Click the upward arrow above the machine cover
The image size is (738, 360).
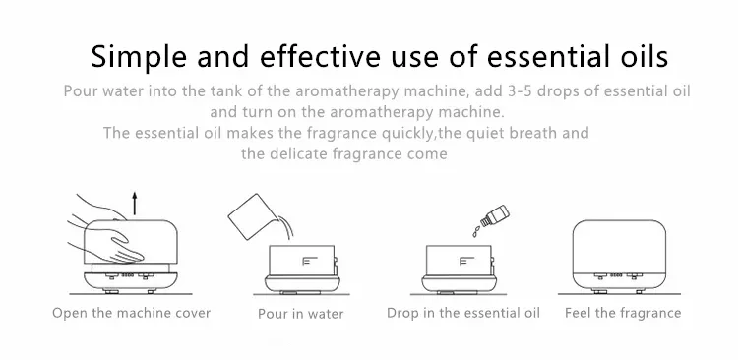point(135,204)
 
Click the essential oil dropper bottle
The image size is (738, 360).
point(495,215)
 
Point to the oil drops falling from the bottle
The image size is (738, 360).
point(476,231)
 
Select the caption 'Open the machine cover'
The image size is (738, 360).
point(131,313)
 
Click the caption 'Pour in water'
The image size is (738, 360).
point(301,314)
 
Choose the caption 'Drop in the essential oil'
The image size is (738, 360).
point(463,313)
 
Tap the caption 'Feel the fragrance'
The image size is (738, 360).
point(623,313)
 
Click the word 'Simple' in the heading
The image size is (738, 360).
point(139,57)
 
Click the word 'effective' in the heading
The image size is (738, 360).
point(320,56)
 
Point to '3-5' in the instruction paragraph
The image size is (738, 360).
point(520,90)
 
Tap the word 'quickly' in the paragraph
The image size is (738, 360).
point(407,133)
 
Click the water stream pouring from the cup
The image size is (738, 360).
point(284,228)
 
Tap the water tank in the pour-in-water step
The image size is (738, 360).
point(302,261)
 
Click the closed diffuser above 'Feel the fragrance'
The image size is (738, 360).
point(619,257)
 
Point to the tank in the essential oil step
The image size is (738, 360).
point(460,261)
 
